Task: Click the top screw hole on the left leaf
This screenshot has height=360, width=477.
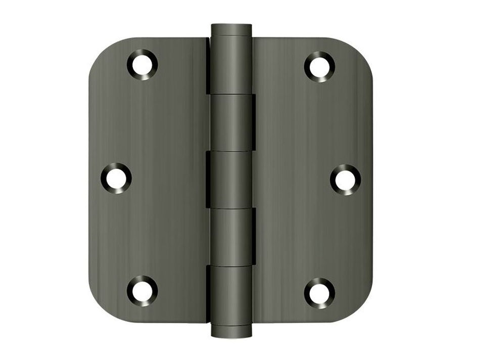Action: [x=142, y=65]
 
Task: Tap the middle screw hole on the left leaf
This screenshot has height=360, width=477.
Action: [x=116, y=178]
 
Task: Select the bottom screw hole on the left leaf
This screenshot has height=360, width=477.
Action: [x=142, y=291]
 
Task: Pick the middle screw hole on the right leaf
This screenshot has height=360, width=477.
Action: [x=346, y=179]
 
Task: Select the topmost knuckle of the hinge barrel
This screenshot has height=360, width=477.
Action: [x=231, y=66]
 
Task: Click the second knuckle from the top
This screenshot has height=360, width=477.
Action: [x=231, y=122]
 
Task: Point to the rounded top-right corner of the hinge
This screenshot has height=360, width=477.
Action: [x=362, y=51]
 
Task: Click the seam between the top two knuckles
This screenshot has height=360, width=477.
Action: [x=231, y=94]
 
